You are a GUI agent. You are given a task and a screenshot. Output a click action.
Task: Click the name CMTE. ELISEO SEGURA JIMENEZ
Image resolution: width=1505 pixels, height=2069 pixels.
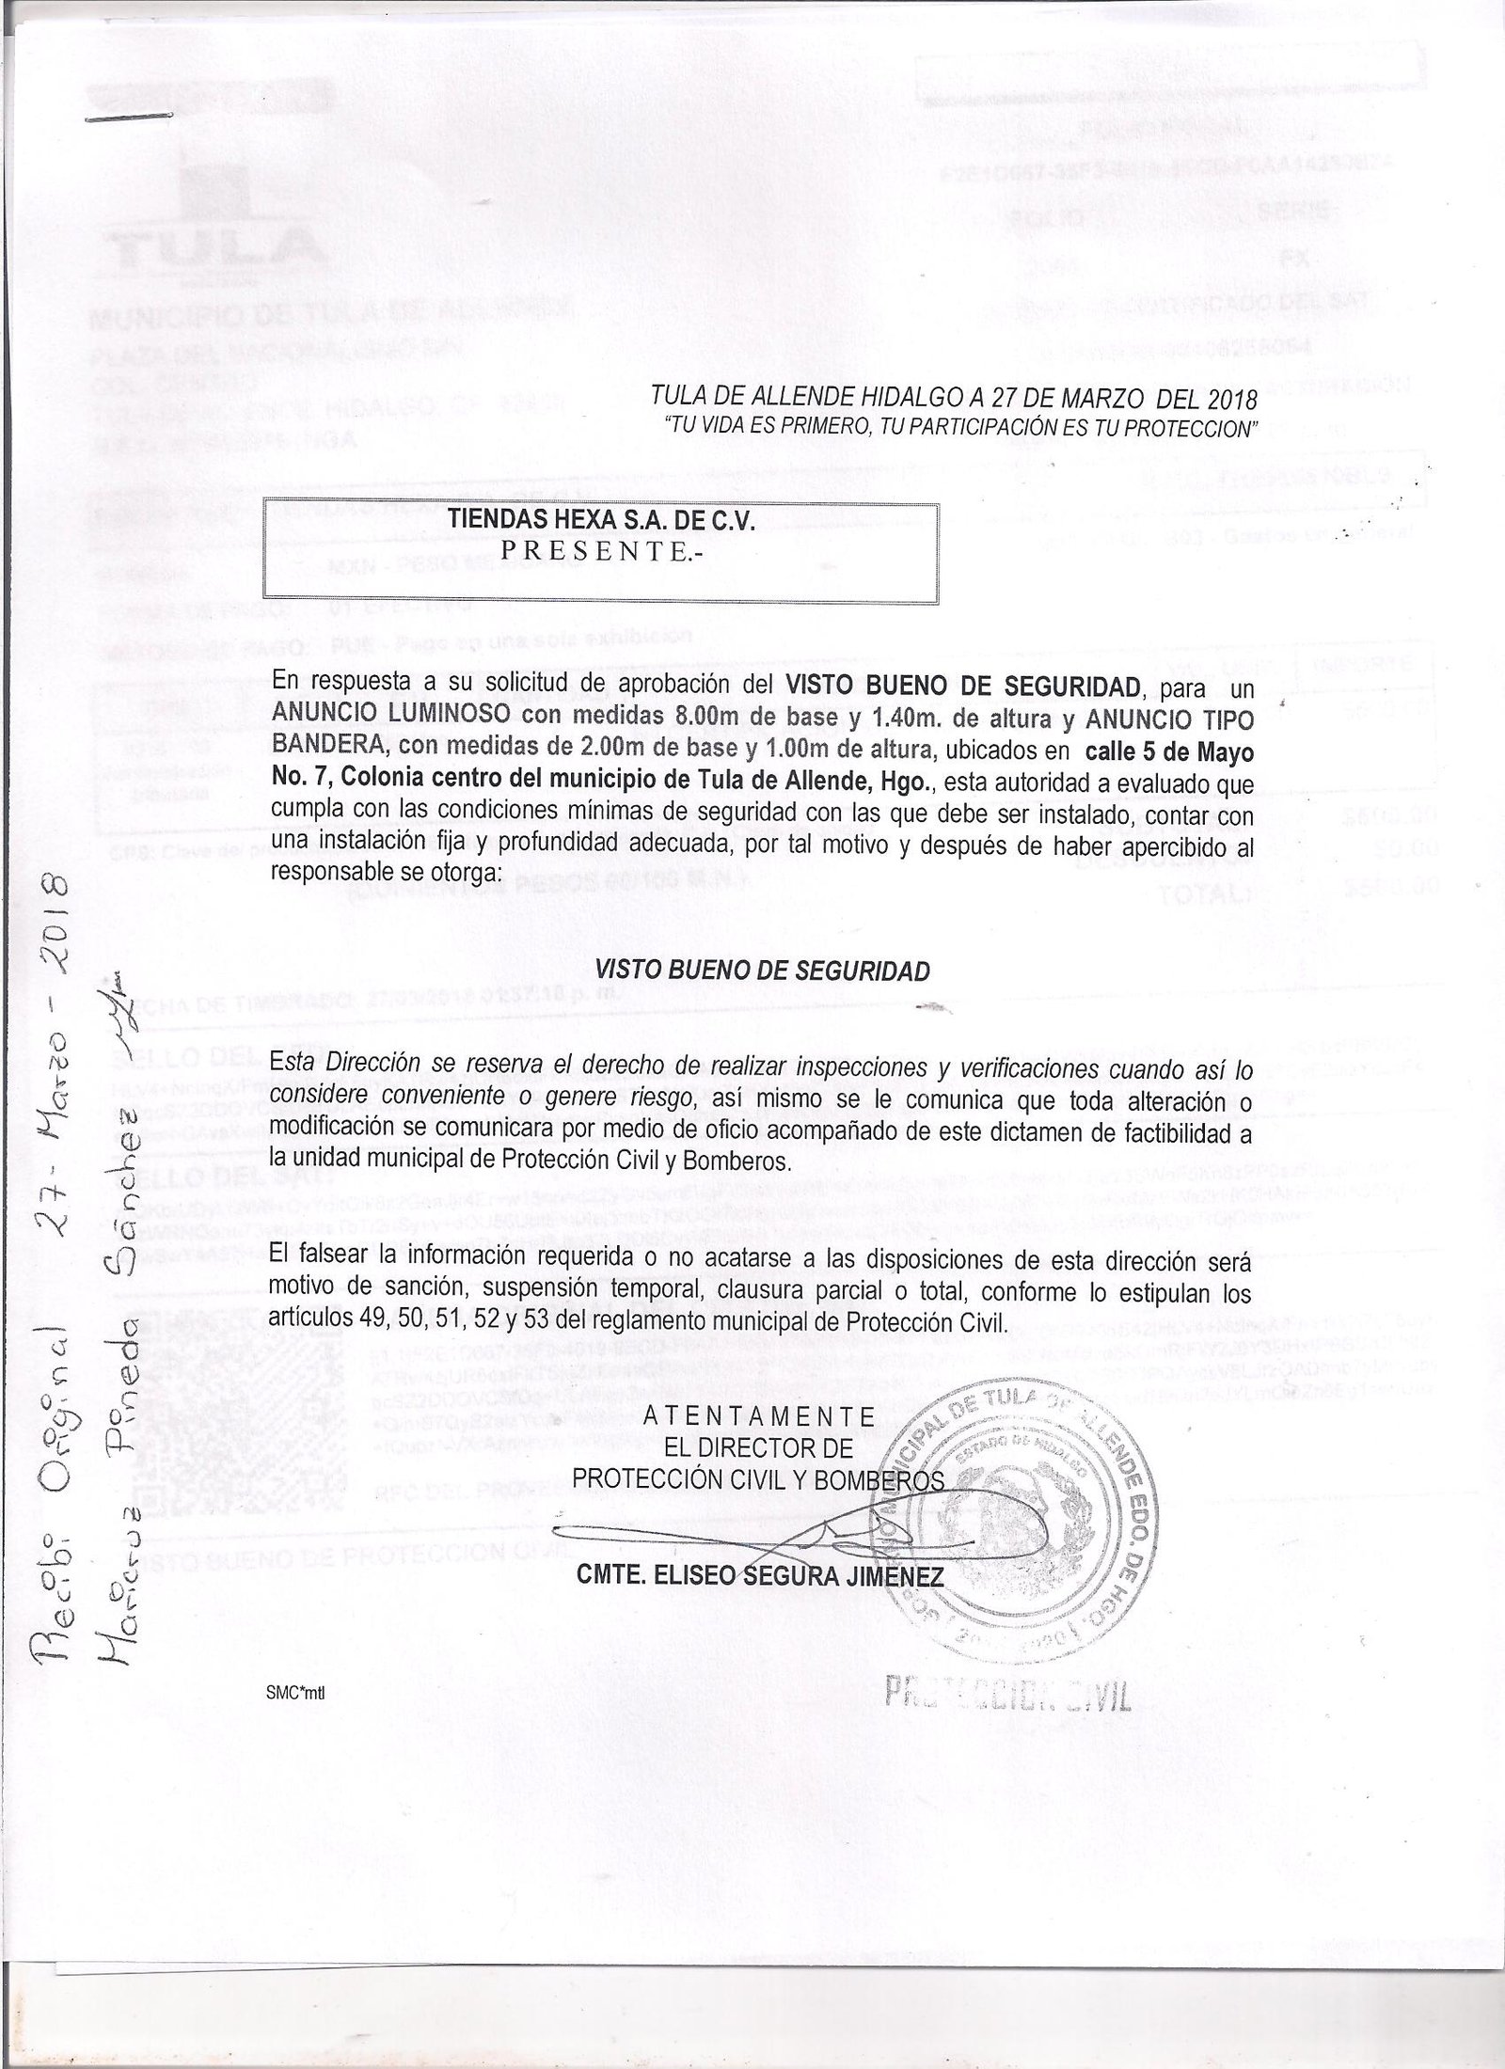pos(759,1574)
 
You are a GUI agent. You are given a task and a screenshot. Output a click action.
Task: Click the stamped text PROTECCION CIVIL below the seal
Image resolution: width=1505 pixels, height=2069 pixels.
pos(1006,1692)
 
